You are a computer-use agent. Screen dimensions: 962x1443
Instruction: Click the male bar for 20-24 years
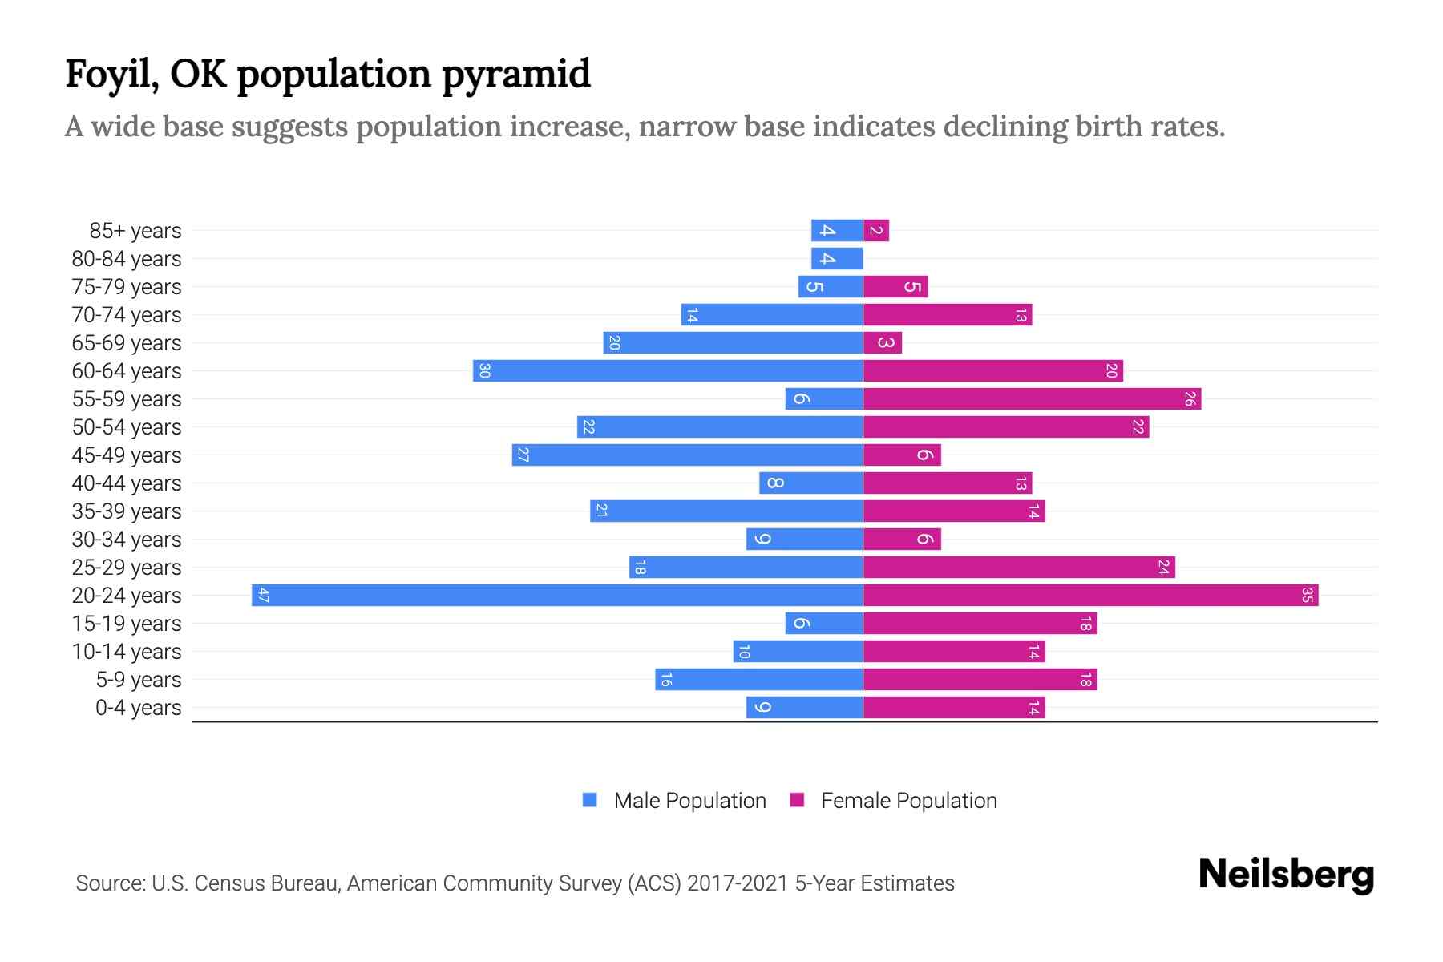point(557,595)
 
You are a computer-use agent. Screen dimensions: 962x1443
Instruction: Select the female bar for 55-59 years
point(1032,398)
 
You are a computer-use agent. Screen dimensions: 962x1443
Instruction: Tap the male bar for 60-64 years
point(668,370)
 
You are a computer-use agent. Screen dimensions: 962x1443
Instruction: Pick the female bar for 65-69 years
point(882,342)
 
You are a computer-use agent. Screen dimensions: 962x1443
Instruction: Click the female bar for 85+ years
point(875,231)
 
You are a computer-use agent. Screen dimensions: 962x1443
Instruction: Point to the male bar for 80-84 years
point(837,258)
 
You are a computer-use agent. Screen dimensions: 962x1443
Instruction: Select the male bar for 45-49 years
point(687,455)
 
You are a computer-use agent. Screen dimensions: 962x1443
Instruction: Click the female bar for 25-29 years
point(1018,567)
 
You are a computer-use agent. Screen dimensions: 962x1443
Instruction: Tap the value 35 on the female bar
point(1307,595)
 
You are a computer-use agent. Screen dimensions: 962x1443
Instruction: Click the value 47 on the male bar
point(264,595)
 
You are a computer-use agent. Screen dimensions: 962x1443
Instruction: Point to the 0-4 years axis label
point(138,708)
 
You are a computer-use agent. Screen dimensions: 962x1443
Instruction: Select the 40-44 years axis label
point(127,483)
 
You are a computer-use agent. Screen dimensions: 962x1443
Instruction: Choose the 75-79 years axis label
point(127,287)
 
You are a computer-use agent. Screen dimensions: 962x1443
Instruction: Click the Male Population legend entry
point(689,800)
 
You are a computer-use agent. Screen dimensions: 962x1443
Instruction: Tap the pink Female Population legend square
point(797,800)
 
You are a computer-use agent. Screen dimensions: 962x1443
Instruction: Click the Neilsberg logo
point(1286,875)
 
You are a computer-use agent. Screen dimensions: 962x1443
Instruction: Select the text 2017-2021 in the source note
point(738,883)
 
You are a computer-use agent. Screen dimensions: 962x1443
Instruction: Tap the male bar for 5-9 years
point(758,679)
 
